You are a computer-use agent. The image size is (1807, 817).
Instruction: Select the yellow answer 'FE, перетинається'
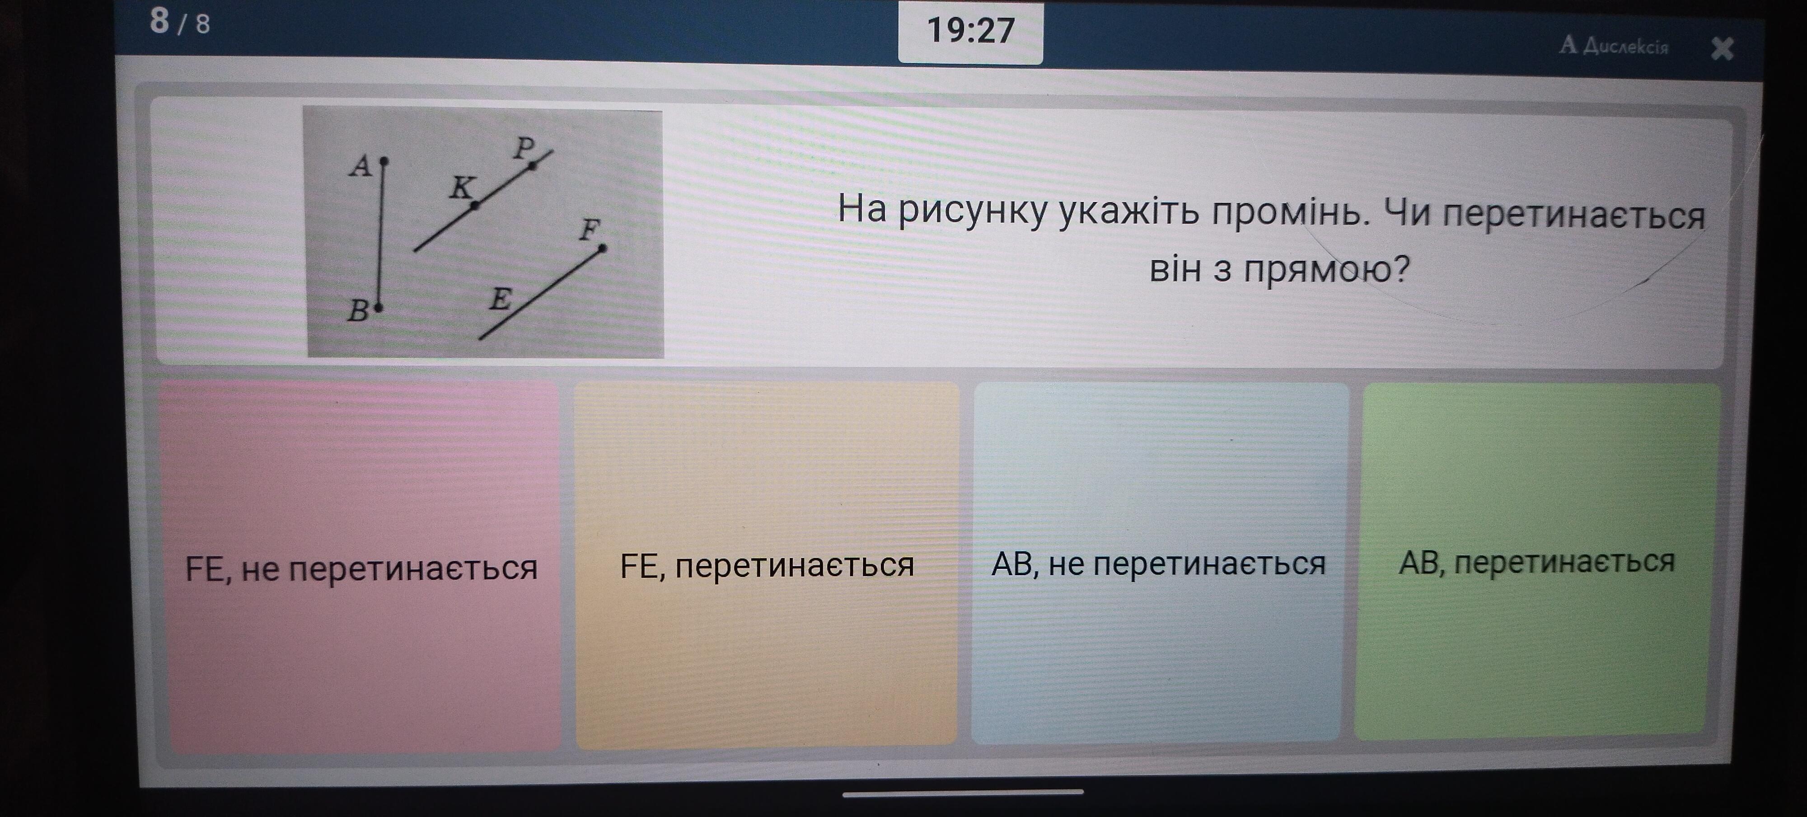[x=767, y=565]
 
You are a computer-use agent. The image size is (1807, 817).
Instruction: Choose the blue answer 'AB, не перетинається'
[x=1159, y=563]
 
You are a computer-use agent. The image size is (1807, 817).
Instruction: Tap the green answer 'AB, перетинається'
[x=1536, y=562]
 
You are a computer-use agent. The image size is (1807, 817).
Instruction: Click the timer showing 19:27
[x=971, y=31]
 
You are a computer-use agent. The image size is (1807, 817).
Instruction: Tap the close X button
[x=1722, y=48]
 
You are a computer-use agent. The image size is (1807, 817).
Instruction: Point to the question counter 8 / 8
[x=180, y=22]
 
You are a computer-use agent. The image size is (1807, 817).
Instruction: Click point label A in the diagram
[x=361, y=166]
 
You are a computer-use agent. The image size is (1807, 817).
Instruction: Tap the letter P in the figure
[x=524, y=147]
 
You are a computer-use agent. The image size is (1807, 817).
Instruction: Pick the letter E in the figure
[x=500, y=300]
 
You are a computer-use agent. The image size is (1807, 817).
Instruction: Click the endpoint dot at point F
[x=603, y=248]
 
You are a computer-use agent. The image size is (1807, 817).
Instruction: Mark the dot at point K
[x=475, y=206]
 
